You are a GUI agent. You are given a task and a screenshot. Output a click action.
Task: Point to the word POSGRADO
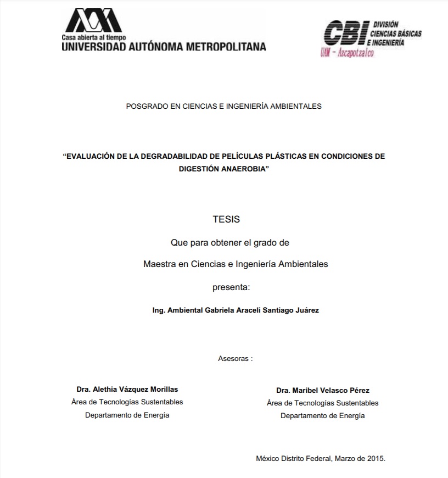click(x=145, y=106)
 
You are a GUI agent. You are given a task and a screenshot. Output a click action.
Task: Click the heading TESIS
click(x=226, y=219)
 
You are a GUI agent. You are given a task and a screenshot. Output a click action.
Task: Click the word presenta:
click(x=231, y=286)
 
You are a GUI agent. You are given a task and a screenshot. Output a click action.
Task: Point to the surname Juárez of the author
click(x=306, y=310)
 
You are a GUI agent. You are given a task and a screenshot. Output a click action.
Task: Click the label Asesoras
click(x=233, y=358)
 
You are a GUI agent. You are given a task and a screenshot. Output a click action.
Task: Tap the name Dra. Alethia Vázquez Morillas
click(x=127, y=389)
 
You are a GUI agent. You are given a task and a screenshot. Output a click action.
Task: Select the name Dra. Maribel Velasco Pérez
click(x=323, y=390)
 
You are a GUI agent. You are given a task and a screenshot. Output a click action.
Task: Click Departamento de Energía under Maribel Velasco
click(x=322, y=416)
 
